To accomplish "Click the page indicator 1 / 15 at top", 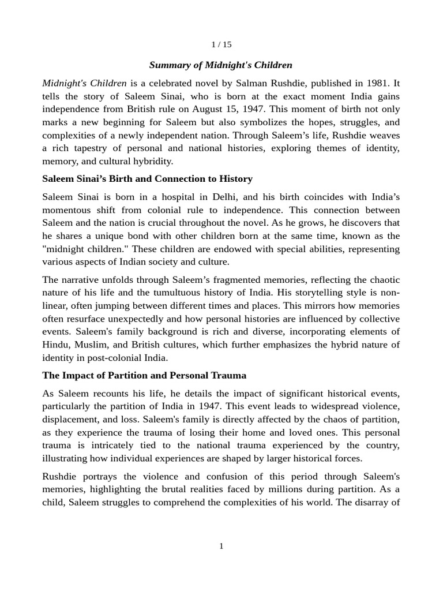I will tap(221, 44).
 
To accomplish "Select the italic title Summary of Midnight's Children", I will tap(221, 65).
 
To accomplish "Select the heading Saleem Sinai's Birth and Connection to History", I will tap(147, 178).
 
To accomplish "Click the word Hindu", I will tap(55, 345).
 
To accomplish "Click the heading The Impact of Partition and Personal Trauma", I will tap(144, 375).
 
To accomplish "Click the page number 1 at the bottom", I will tap(221, 546).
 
